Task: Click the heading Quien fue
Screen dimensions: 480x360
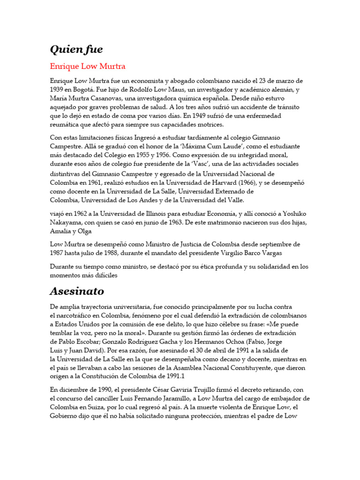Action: (76, 49)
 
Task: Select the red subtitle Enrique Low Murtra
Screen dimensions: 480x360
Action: (87, 66)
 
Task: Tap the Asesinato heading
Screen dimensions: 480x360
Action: (77, 291)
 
